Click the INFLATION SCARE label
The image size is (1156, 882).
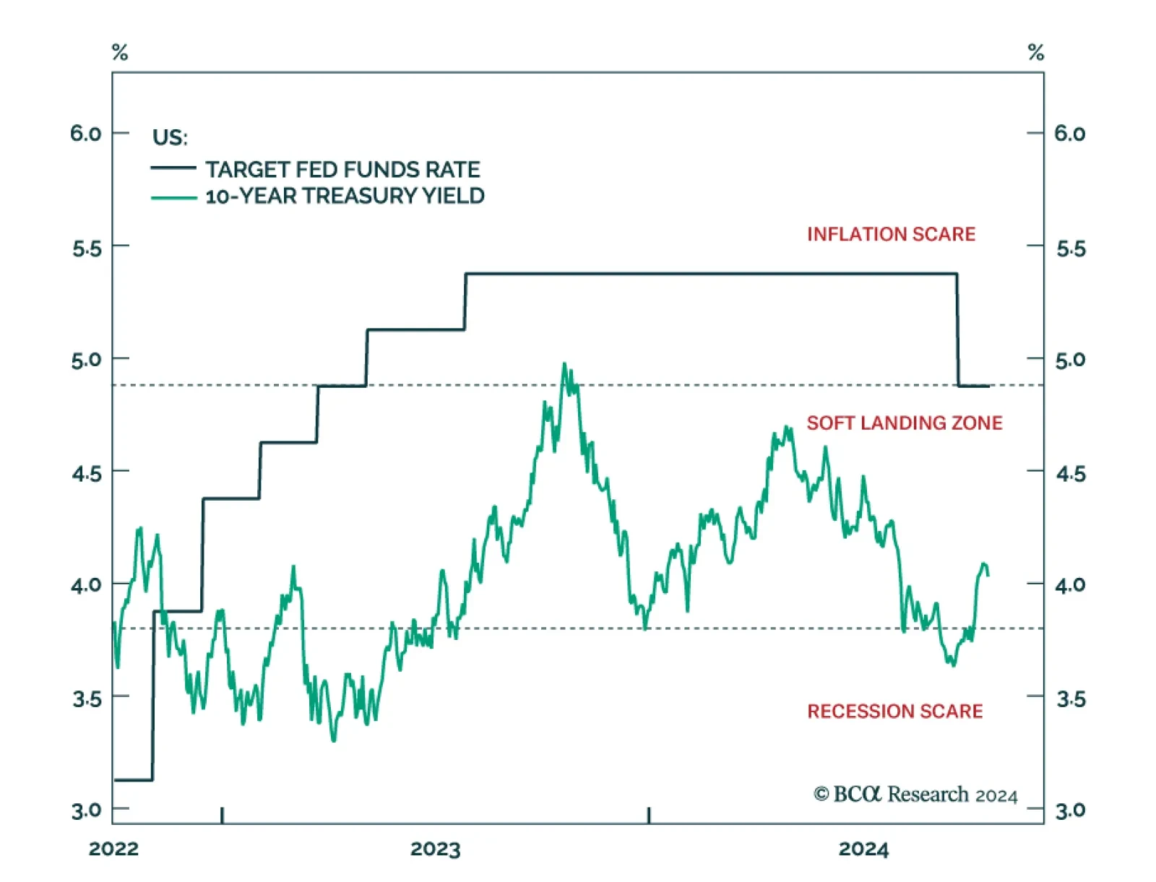click(x=891, y=234)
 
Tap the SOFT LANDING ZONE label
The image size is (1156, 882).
click(x=905, y=423)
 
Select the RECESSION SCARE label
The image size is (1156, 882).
click(x=894, y=712)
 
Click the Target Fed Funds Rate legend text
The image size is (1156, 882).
click(x=342, y=170)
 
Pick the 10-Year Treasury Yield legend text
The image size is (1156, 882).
click(x=345, y=196)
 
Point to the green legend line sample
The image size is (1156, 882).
click(x=173, y=197)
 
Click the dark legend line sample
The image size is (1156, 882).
click(x=173, y=168)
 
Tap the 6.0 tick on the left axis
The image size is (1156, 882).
click(x=86, y=134)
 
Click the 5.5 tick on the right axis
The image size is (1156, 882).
click(x=1071, y=249)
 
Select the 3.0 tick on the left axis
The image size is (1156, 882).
click(x=86, y=810)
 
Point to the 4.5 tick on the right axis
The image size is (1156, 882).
click(x=1071, y=475)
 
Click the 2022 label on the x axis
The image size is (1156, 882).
click(x=113, y=849)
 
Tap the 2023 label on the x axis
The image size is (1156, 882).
click(x=435, y=849)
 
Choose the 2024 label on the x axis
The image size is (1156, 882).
click(x=863, y=849)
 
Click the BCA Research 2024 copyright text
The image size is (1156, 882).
click(x=915, y=795)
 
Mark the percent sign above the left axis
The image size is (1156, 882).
click(x=120, y=52)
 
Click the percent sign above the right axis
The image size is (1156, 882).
click(x=1036, y=52)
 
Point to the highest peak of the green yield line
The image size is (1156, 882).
click(x=564, y=364)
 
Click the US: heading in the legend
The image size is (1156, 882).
click(x=170, y=137)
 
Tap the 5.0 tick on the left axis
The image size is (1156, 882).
click(x=86, y=360)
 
